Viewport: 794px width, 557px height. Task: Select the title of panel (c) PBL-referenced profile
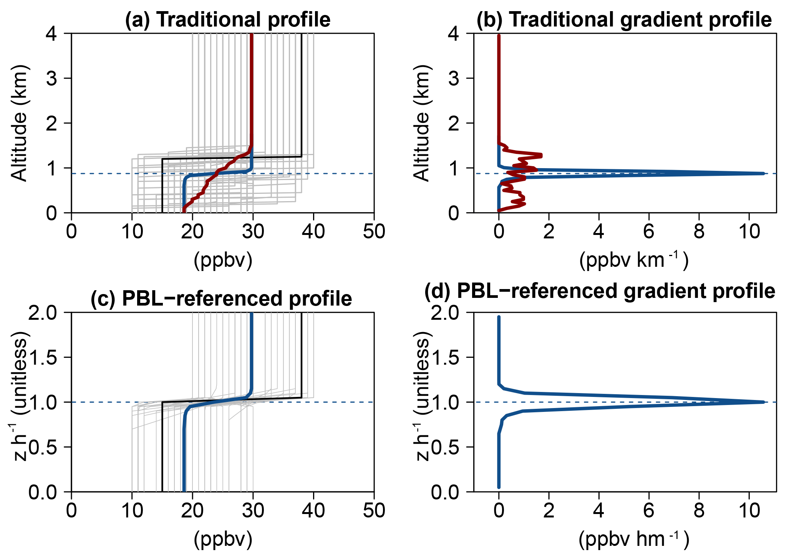click(x=221, y=298)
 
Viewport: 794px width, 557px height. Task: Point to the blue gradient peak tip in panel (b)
click(x=763, y=174)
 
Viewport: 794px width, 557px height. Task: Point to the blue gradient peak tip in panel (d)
click(x=763, y=402)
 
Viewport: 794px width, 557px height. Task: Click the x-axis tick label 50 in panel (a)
click(x=374, y=231)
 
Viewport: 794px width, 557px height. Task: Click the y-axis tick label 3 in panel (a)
click(x=52, y=78)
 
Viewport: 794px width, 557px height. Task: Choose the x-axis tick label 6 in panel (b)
click(x=649, y=231)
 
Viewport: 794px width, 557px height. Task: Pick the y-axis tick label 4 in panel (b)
click(x=454, y=34)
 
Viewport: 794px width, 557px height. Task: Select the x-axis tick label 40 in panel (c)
click(x=313, y=511)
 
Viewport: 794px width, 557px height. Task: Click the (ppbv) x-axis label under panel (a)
click(x=223, y=260)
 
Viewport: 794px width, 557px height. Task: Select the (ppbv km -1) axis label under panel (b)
click(x=634, y=260)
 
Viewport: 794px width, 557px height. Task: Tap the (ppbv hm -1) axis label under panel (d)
click(x=634, y=539)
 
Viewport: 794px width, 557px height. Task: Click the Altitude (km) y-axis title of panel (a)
click(x=19, y=123)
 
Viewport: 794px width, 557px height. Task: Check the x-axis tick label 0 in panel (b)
click(x=499, y=231)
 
